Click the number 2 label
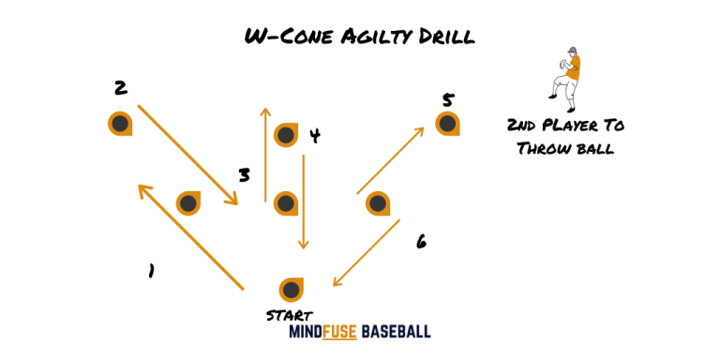pos(120,89)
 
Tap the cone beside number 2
pos(120,124)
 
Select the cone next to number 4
pos(286,135)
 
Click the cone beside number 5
pos(448,124)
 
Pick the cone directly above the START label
pos(292,290)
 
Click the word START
pos(290,316)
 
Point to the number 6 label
pos(421,242)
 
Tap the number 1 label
pos(150,271)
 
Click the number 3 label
pos(244,175)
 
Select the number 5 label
pos(448,98)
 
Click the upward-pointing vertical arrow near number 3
pos(265,155)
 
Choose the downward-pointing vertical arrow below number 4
pos(304,202)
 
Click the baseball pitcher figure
pos(566,73)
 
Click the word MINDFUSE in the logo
pos(323,333)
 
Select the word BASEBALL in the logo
pos(397,333)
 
